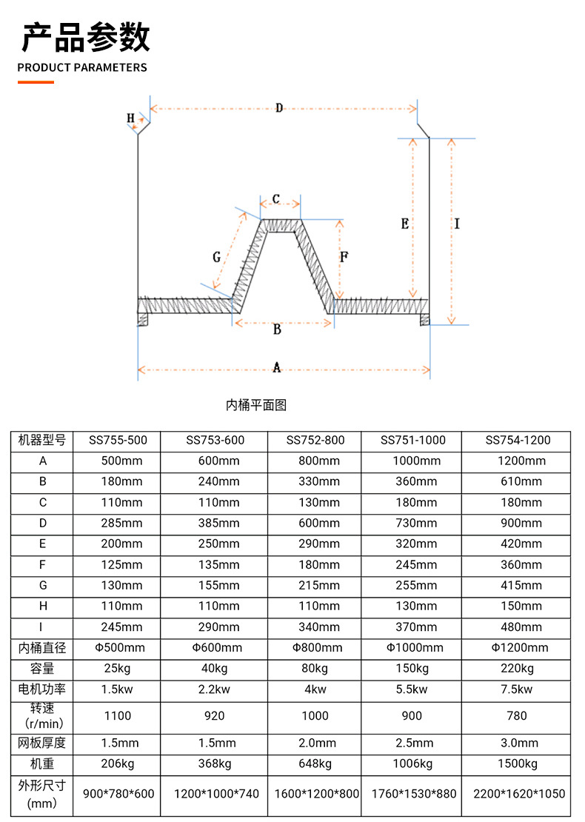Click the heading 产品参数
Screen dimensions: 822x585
(86, 36)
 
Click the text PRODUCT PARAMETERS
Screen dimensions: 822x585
(82, 67)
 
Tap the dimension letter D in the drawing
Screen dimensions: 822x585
(279, 108)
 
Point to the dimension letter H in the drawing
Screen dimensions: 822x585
(130, 118)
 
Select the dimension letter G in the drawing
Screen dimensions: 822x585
(216, 257)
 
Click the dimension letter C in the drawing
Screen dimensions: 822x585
(275, 199)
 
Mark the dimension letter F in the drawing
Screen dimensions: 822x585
(344, 257)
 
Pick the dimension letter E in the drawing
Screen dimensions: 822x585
(404, 224)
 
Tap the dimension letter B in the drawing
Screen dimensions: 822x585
(277, 330)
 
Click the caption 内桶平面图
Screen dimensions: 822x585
(255, 405)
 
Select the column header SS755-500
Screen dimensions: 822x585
(118, 440)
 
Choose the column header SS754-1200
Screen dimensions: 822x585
(518, 440)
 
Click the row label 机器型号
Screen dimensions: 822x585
(42, 440)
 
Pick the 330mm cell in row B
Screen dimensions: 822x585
(315, 481)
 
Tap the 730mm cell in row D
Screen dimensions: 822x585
(413, 523)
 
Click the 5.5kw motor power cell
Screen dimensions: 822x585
(413, 689)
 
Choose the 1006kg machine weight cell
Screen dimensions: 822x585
(413, 763)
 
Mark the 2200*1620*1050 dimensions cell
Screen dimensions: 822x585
(518, 793)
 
